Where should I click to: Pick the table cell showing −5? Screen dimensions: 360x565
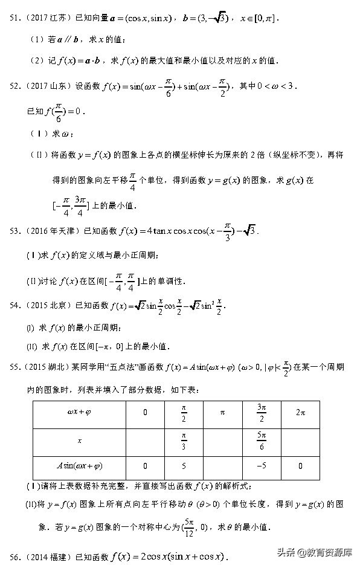pos(261,466)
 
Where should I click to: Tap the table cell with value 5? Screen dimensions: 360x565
pos(184,466)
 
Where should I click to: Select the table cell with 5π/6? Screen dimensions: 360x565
pos(261,439)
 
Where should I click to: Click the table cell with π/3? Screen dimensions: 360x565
pos(184,439)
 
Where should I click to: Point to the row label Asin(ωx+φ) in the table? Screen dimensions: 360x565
pos(79,466)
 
